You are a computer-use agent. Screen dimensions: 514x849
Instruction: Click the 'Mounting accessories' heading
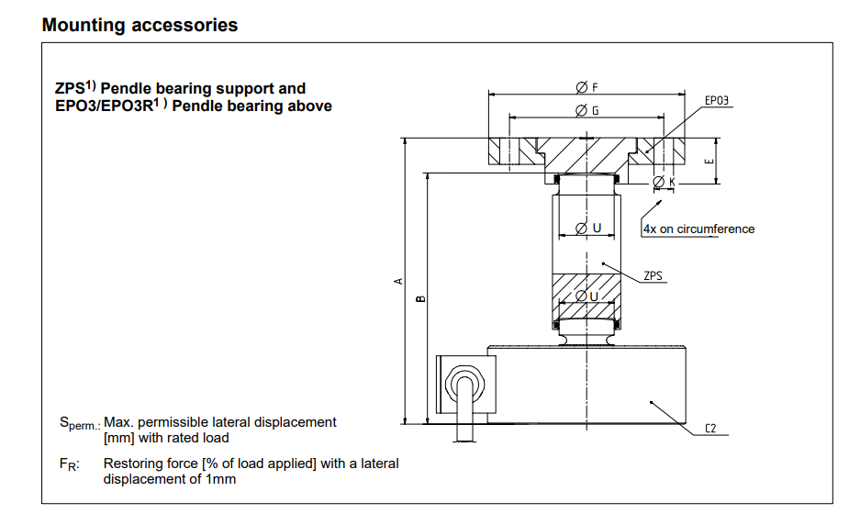point(140,25)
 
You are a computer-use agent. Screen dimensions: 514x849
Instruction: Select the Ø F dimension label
point(586,87)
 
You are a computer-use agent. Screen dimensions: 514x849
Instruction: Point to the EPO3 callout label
point(717,101)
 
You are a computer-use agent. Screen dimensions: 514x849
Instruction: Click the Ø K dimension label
point(664,183)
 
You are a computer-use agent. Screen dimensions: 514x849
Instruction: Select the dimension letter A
point(397,281)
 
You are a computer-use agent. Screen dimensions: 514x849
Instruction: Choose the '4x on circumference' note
point(698,229)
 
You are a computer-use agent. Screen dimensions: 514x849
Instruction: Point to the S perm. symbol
point(79,423)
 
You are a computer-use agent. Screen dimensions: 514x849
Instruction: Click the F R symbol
point(69,464)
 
